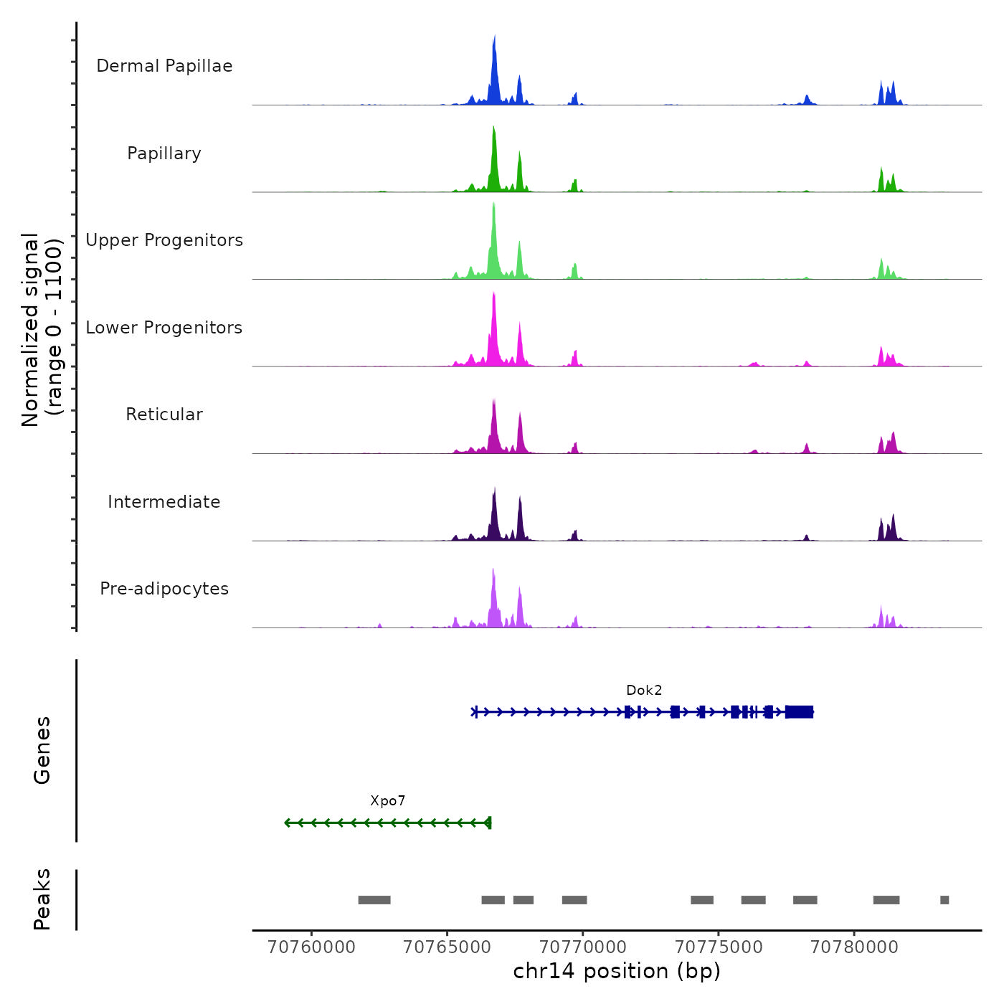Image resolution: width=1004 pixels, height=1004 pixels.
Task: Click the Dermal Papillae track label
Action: [164, 66]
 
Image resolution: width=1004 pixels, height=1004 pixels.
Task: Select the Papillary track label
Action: [164, 153]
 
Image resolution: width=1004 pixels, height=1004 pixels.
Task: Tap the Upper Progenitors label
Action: [164, 240]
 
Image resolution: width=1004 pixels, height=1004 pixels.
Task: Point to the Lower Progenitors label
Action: [164, 328]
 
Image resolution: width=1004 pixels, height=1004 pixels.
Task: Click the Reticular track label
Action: [164, 415]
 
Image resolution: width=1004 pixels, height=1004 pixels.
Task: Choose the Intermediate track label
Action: [164, 502]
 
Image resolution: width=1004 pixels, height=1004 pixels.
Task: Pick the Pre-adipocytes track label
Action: [164, 589]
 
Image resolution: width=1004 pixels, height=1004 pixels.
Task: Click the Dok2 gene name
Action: [644, 691]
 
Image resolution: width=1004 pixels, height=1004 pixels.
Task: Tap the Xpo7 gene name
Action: [388, 801]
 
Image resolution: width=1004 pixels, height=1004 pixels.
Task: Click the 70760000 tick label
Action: [311, 947]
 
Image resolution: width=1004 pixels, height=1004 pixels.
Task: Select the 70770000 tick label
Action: [583, 947]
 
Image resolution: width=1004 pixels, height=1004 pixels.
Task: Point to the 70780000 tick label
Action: [854, 947]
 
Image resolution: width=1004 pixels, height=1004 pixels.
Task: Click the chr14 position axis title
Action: [617, 972]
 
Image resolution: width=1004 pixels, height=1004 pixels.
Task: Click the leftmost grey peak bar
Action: [374, 900]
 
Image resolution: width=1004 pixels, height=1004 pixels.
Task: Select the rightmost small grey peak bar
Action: [944, 900]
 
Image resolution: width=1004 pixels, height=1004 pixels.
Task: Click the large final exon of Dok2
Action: [799, 712]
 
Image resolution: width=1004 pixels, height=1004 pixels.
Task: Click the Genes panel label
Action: [42, 750]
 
